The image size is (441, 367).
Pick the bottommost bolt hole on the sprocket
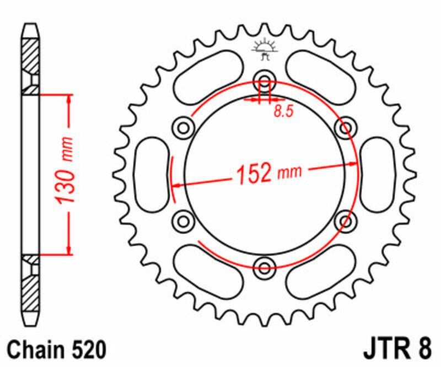pos(265,268)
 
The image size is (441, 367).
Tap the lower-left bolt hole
pos(184,222)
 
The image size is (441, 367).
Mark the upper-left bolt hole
pos(184,128)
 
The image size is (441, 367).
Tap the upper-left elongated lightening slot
pos(209,77)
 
